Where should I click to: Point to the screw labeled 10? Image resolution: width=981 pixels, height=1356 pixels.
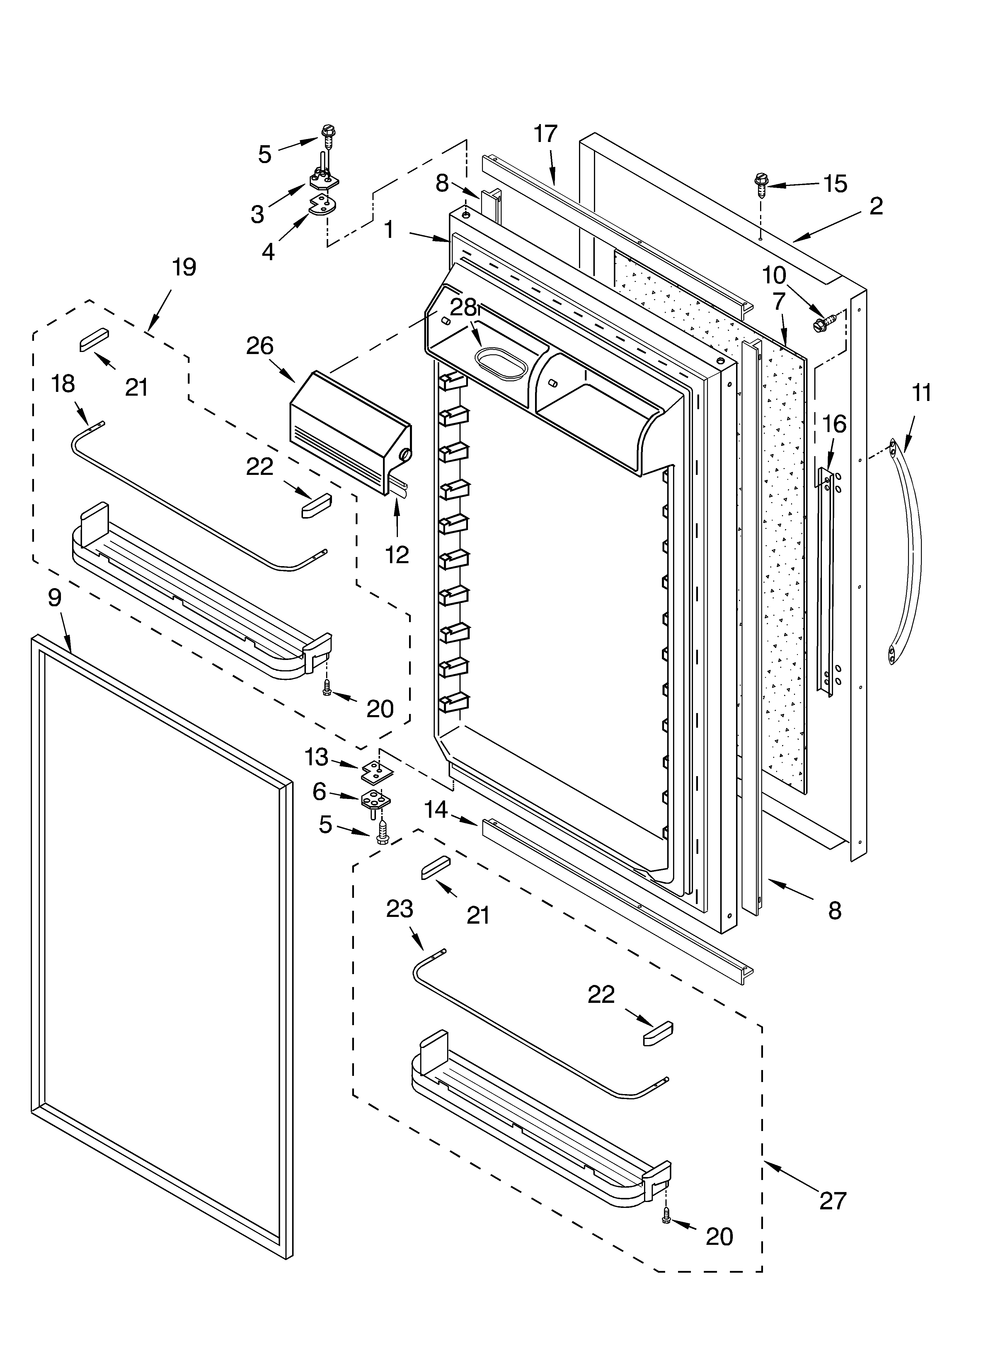click(x=820, y=325)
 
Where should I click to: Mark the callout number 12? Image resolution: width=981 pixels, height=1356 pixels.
click(x=397, y=555)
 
